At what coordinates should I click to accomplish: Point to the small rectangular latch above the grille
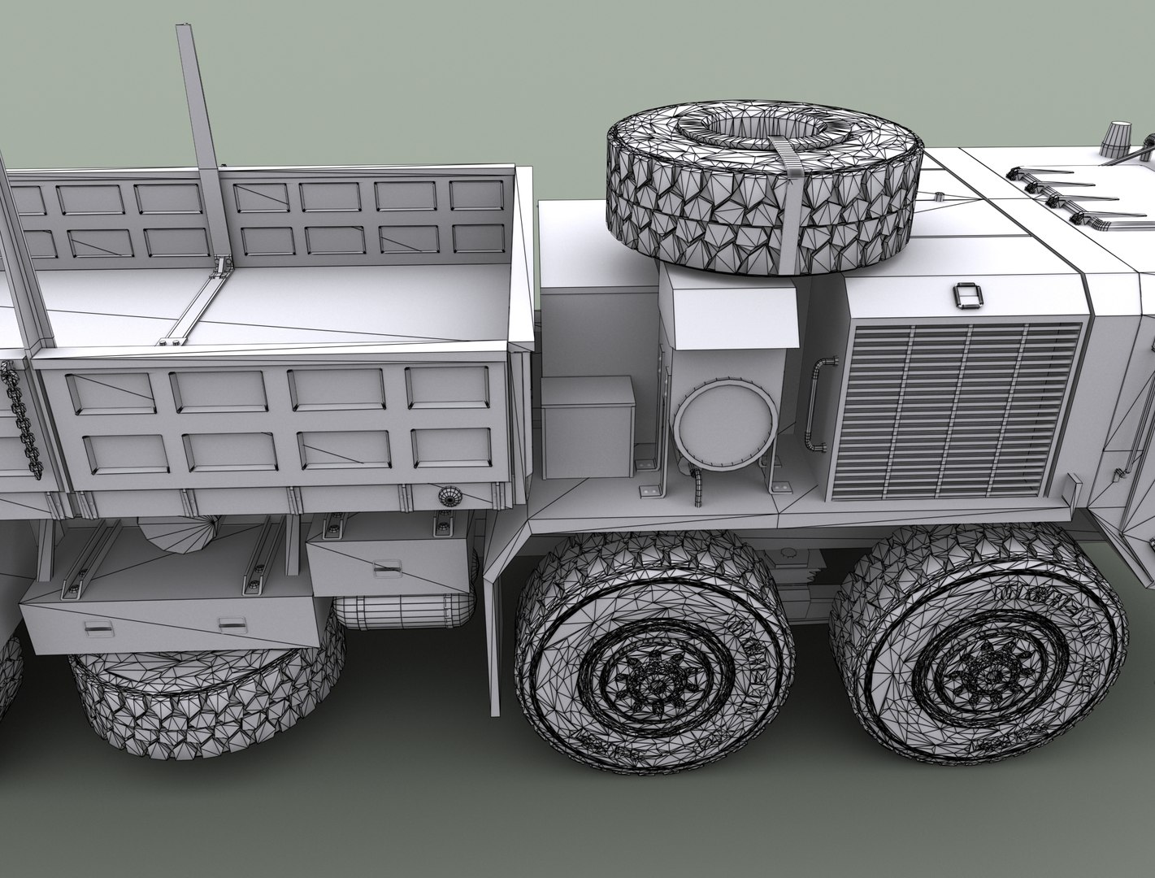click(966, 296)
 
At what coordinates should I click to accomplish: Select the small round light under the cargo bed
click(448, 496)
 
